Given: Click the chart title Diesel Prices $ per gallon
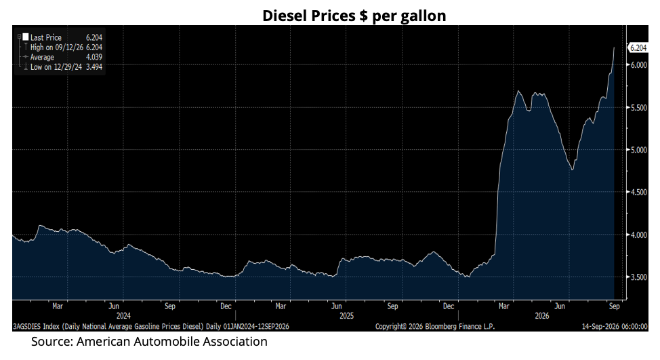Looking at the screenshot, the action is pyautogui.click(x=354, y=16).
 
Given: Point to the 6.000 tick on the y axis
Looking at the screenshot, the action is pyautogui.click(x=638, y=65).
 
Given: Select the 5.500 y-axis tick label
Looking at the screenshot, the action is pyautogui.click(x=638, y=107).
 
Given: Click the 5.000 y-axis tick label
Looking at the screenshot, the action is pyautogui.click(x=638, y=150).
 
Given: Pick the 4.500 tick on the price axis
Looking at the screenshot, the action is pyautogui.click(x=638, y=192).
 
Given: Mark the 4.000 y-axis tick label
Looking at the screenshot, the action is pyautogui.click(x=638, y=235).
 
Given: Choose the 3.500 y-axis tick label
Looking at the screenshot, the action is pyautogui.click(x=638, y=277).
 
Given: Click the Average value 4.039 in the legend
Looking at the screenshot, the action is pyautogui.click(x=94, y=57).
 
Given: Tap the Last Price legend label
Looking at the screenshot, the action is pyautogui.click(x=46, y=37).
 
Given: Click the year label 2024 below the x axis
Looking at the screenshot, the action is pyautogui.click(x=123, y=316).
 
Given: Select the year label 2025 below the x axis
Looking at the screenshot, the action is pyautogui.click(x=347, y=316).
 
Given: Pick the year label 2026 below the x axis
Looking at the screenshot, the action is pyautogui.click(x=541, y=316).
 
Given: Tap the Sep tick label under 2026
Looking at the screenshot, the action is pyautogui.click(x=614, y=306).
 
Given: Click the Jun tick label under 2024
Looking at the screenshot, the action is pyautogui.click(x=114, y=306).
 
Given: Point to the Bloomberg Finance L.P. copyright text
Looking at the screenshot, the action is pyautogui.click(x=435, y=326).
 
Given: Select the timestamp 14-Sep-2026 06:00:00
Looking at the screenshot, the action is pyautogui.click(x=615, y=326).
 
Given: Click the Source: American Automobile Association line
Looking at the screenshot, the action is pyautogui.click(x=150, y=342).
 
